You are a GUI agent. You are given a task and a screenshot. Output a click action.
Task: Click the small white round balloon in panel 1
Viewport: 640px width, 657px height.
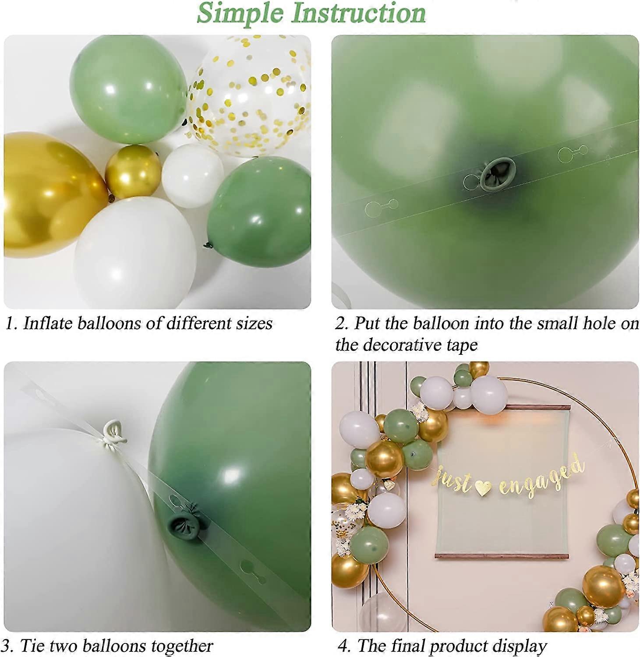[x=193, y=175]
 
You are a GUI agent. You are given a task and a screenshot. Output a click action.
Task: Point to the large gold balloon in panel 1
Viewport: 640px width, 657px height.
[x=48, y=193]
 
